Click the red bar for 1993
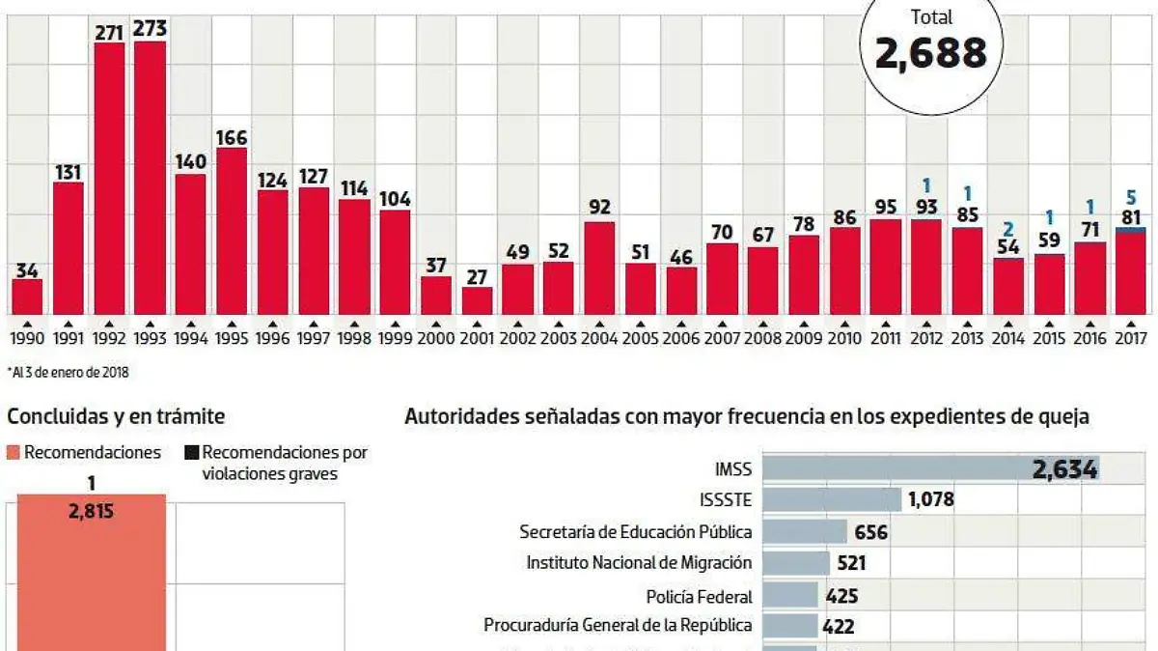[x=151, y=178]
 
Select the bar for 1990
[x=27, y=297]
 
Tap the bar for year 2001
[x=478, y=300]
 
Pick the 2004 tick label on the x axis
[x=600, y=339]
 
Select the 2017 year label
[x=1130, y=339]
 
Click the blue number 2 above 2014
[x=1007, y=228]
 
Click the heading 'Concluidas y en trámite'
[x=116, y=417]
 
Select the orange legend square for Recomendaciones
[x=14, y=452]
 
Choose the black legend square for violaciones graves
[x=192, y=452]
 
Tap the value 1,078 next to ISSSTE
[x=933, y=500]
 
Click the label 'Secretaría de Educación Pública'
[x=636, y=531]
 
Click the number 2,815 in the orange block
[x=92, y=513]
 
